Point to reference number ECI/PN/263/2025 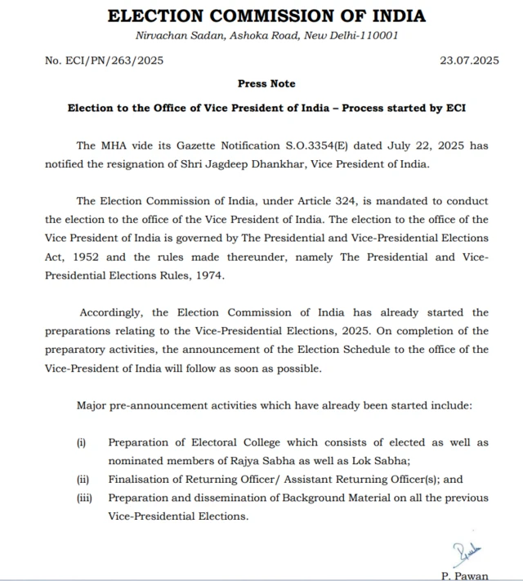[x=105, y=60]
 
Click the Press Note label [x=266, y=83]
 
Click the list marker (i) [x=81, y=443]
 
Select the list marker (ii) [x=83, y=480]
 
